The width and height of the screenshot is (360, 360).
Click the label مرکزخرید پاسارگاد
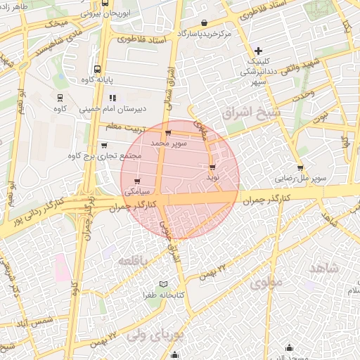pos(205,33)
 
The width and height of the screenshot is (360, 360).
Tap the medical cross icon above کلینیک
pos(259,51)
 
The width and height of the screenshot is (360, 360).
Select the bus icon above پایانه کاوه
pos(96,70)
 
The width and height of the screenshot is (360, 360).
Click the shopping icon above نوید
pos(212,167)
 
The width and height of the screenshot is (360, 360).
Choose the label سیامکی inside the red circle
pos(136,191)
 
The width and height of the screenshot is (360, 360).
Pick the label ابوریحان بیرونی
pos(105,13)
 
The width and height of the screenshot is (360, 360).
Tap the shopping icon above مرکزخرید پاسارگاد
pos(204,22)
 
